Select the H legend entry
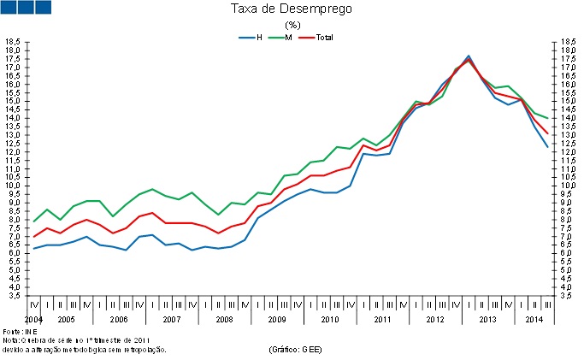point(259,38)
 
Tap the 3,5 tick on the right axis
point(568,296)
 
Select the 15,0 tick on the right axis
point(568,101)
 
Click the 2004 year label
point(34,319)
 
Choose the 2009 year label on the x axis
point(277,319)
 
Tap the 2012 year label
point(434,319)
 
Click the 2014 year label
point(534,319)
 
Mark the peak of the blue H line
point(469,56)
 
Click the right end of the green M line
point(547,118)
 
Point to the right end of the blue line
point(547,147)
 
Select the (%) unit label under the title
point(292,25)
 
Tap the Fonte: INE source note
point(18,331)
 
